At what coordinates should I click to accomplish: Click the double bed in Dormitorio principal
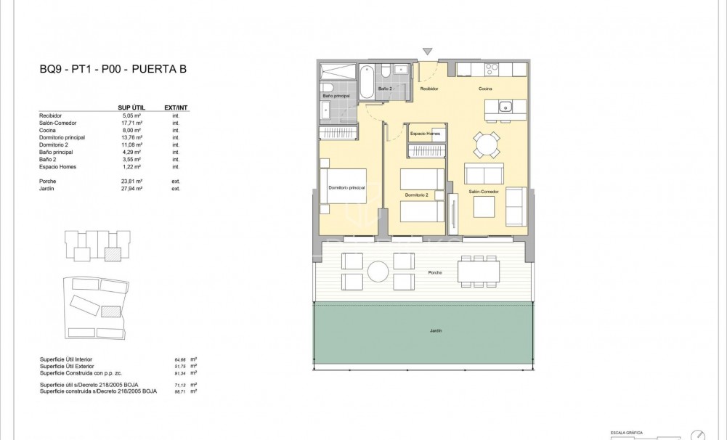pyautogui.click(x=347, y=188)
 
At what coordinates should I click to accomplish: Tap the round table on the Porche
pyautogui.click(x=378, y=272)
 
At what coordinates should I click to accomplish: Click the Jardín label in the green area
pyautogui.click(x=434, y=330)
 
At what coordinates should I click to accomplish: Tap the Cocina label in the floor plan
pyautogui.click(x=486, y=89)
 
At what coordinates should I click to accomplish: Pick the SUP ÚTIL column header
pyautogui.click(x=131, y=107)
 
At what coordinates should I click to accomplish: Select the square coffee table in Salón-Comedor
pyautogui.click(x=484, y=207)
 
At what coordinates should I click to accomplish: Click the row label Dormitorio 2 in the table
pyautogui.click(x=54, y=144)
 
